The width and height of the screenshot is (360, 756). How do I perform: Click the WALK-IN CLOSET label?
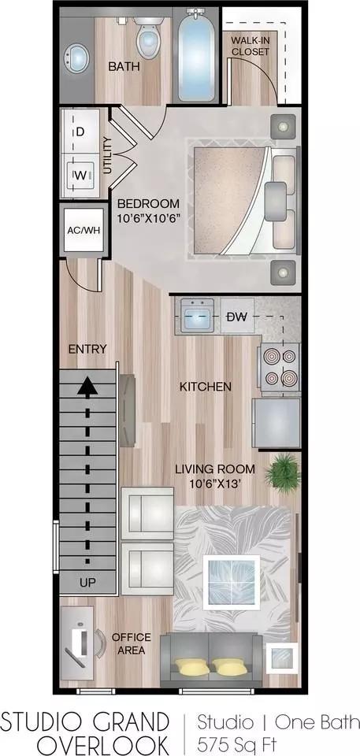(251, 45)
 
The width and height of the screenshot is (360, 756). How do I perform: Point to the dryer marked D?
(80, 132)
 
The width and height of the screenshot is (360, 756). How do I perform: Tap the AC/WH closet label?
(84, 229)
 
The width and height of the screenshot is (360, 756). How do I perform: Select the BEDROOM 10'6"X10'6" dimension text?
(149, 211)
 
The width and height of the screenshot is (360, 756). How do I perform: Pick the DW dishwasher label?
(237, 317)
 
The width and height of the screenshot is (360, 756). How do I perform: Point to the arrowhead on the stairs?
(87, 387)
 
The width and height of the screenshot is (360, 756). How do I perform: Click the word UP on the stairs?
(87, 583)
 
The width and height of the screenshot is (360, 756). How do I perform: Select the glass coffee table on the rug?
(231, 580)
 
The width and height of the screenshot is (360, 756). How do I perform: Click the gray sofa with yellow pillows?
(212, 661)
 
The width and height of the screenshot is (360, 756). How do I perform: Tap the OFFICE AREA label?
(132, 643)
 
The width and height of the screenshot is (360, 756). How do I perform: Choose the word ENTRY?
(87, 349)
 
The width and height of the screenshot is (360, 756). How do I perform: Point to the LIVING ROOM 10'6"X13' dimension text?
(214, 475)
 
